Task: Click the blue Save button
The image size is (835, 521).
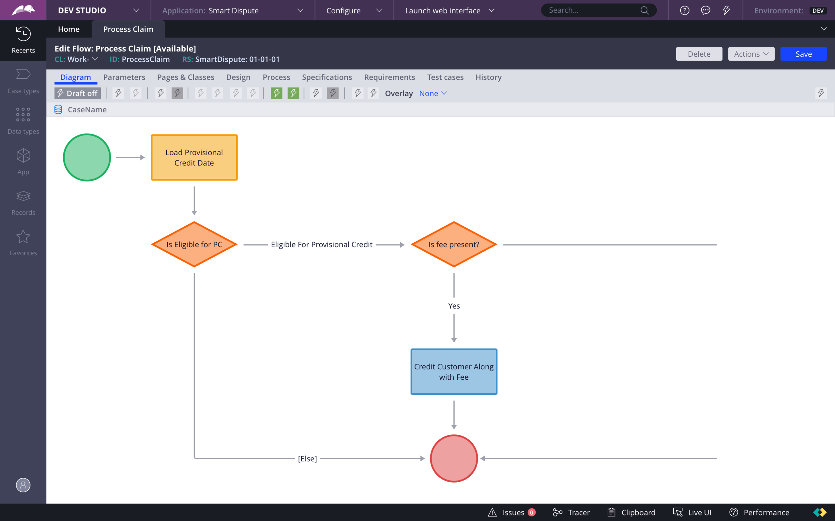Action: tap(803, 54)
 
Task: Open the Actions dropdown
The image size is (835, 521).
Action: tap(751, 54)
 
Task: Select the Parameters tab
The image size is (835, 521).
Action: tap(124, 77)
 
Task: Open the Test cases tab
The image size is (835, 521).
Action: tap(445, 77)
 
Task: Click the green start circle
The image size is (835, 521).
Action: tap(87, 158)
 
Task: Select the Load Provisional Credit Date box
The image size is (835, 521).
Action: tap(194, 158)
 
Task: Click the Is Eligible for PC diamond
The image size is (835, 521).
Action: tap(194, 244)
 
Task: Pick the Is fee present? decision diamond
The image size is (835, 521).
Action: tap(454, 244)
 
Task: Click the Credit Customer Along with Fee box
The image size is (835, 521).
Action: tap(454, 372)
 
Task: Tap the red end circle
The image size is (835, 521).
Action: tap(454, 458)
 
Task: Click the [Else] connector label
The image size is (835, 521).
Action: tap(307, 458)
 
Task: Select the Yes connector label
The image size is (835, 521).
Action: tap(454, 306)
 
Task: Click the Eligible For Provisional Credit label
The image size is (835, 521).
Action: tap(321, 244)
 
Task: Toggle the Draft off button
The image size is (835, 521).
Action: tap(78, 93)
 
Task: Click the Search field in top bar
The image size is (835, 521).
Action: tap(594, 10)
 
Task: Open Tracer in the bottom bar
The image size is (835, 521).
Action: tap(571, 513)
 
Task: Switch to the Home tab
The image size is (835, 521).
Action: tap(69, 29)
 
